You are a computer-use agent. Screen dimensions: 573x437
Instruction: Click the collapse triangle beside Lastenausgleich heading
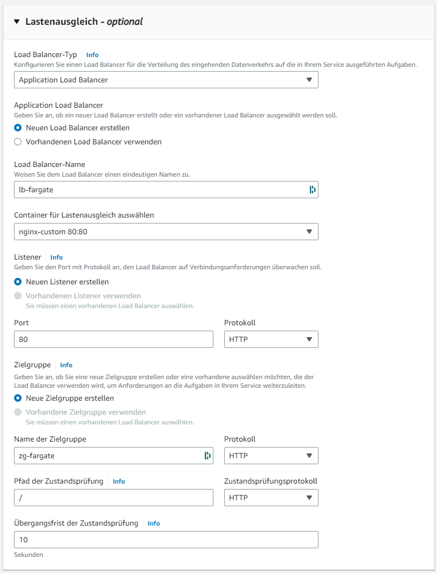[x=17, y=22]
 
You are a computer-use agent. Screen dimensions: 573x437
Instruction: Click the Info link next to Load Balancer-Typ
[x=92, y=55]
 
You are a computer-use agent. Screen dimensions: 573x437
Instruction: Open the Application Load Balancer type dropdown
[x=166, y=80]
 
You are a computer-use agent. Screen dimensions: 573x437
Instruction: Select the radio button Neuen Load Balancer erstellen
[x=18, y=128]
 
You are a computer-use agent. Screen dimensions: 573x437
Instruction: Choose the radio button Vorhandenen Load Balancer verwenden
[x=18, y=142]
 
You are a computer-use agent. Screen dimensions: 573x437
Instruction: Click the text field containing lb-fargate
[x=159, y=190]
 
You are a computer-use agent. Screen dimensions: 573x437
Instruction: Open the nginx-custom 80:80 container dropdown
[x=166, y=232]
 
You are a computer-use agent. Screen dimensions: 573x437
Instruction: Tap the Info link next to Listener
[x=57, y=257]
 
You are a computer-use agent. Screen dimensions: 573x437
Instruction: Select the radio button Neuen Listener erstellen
[x=18, y=282]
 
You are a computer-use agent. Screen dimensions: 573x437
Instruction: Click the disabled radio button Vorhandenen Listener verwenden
[x=18, y=296]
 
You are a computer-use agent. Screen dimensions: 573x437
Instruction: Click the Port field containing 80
[x=114, y=339]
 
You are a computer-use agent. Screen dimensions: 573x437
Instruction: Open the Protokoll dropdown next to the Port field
[x=271, y=339]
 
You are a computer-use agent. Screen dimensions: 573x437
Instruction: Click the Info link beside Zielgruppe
[x=66, y=365]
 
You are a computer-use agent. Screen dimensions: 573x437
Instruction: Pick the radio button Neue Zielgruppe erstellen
[x=18, y=399]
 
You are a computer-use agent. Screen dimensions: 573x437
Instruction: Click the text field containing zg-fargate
[x=108, y=456]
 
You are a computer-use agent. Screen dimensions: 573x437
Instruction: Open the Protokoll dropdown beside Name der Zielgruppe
[x=271, y=456]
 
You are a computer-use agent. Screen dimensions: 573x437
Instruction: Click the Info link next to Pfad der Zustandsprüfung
[x=119, y=481]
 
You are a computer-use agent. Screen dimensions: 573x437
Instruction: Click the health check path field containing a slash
[x=114, y=498]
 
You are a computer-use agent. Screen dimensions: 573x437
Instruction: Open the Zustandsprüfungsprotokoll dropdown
[x=271, y=498]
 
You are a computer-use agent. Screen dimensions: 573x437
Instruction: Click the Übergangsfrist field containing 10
[x=166, y=540]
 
